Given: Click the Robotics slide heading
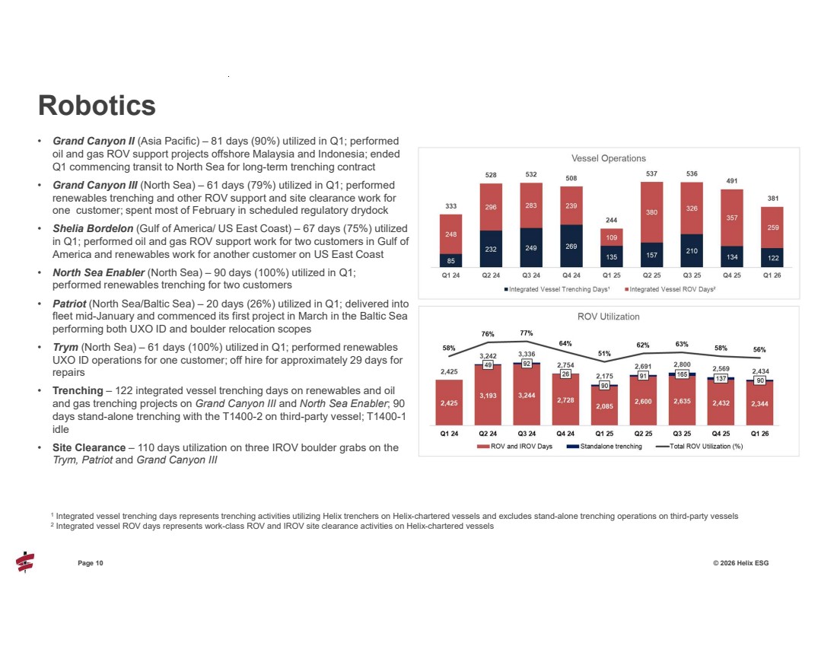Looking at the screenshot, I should click(97, 105).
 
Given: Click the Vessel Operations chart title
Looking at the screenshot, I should click(608, 158).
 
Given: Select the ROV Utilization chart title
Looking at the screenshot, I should click(608, 317).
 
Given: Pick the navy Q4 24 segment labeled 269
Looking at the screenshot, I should click(567, 246).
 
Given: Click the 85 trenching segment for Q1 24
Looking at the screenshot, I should click(450, 260).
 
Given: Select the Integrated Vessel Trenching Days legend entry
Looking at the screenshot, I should click(558, 289).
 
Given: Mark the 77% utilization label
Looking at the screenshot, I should click(527, 333).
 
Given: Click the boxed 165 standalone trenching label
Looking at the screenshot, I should click(683, 374).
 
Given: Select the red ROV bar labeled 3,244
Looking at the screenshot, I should click(527, 395).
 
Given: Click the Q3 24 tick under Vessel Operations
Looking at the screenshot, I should click(527, 275).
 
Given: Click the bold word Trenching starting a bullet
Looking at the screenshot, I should click(78, 390).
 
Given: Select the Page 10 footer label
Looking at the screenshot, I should click(91, 562).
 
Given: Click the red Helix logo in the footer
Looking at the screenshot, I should click(25, 562).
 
